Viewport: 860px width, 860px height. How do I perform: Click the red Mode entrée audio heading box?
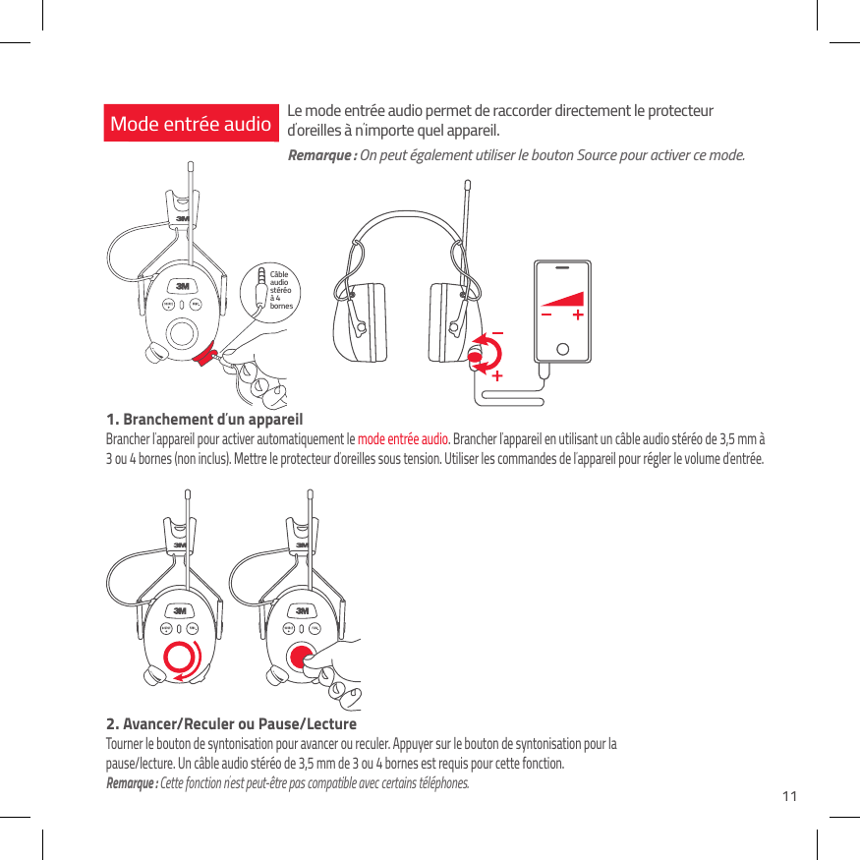[191, 124]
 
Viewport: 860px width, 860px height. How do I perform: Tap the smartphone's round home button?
[562, 348]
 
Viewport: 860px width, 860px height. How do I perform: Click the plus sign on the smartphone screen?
[577, 315]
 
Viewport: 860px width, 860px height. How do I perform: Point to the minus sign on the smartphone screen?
[546, 315]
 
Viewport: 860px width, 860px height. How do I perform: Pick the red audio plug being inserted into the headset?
[206, 356]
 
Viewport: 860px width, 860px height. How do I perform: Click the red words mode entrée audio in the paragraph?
[403, 438]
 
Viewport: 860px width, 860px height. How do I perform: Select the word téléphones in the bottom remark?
[443, 782]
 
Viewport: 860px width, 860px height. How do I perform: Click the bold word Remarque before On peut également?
[319, 157]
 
